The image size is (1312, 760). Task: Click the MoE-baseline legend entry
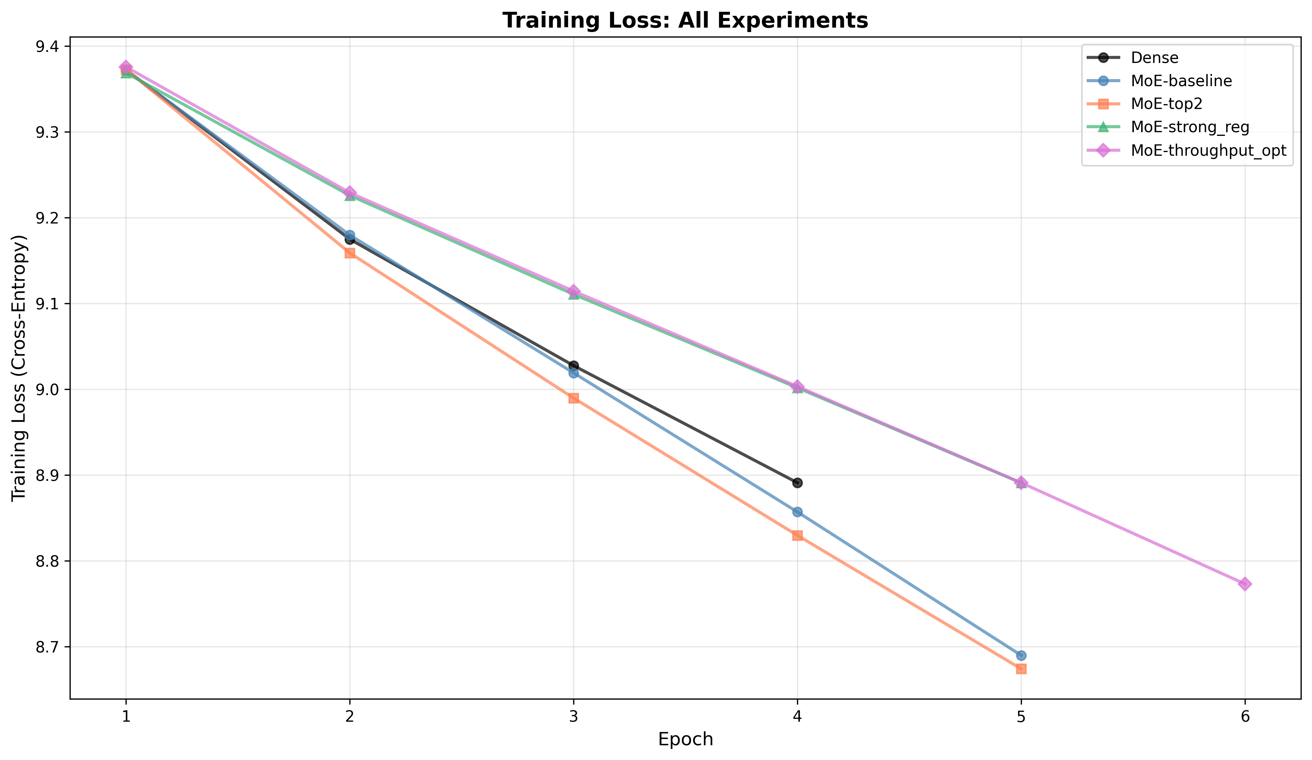coord(1181,81)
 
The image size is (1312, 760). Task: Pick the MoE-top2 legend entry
coord(1167,104)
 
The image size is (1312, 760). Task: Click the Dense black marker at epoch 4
coord(797,483)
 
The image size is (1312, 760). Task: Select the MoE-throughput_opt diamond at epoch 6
coord(1245,584)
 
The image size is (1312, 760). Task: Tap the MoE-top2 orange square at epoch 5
coord(1021,669)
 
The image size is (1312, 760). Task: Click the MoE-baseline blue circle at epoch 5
coord(1021,655)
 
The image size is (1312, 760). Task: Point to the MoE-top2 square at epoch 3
coord(573,398)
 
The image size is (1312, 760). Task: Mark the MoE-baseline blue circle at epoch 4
coord(797,512)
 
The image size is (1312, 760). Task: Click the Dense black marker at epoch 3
coord(573,366)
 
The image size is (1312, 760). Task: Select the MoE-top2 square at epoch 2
coord(350,253)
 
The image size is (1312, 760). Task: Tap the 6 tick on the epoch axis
coord(1245,717)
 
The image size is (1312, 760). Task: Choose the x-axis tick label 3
coord(573,717)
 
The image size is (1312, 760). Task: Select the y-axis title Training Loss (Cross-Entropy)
coord(19,368)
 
